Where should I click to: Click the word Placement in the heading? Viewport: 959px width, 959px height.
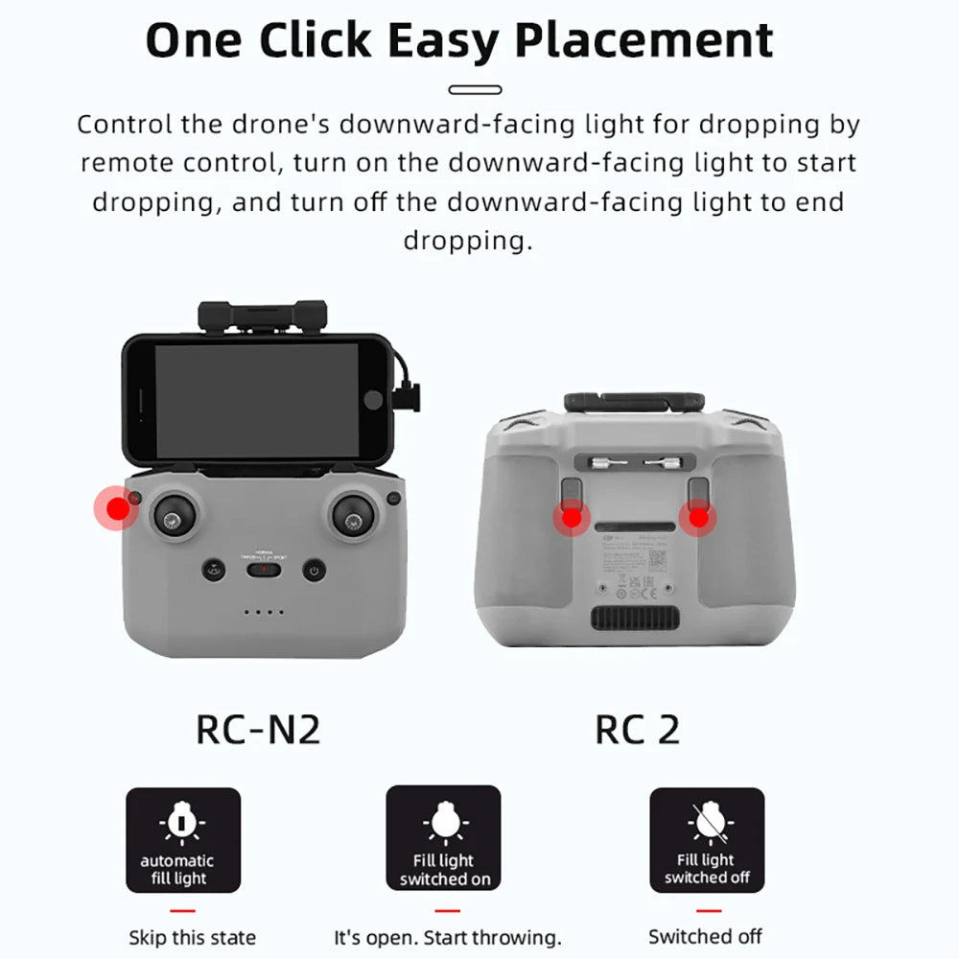[643, 40]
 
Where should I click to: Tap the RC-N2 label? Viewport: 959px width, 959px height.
[258, 729]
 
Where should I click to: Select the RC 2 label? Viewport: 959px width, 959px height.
[637, 729]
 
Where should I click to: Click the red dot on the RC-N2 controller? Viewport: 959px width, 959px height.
[117, 510]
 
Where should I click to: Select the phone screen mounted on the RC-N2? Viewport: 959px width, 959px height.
[256, 400]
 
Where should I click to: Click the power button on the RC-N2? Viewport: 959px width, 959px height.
[312, 571]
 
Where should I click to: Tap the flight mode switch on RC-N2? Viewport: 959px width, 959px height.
[262, 570]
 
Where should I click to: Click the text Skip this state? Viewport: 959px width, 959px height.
[192, 937]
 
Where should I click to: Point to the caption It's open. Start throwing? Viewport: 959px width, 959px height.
[447, 937]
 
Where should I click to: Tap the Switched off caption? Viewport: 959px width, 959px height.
[705, 936]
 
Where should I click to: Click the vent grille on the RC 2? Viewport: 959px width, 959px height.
[636, 617]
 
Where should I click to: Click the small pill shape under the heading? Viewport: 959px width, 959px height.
[475, 89]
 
